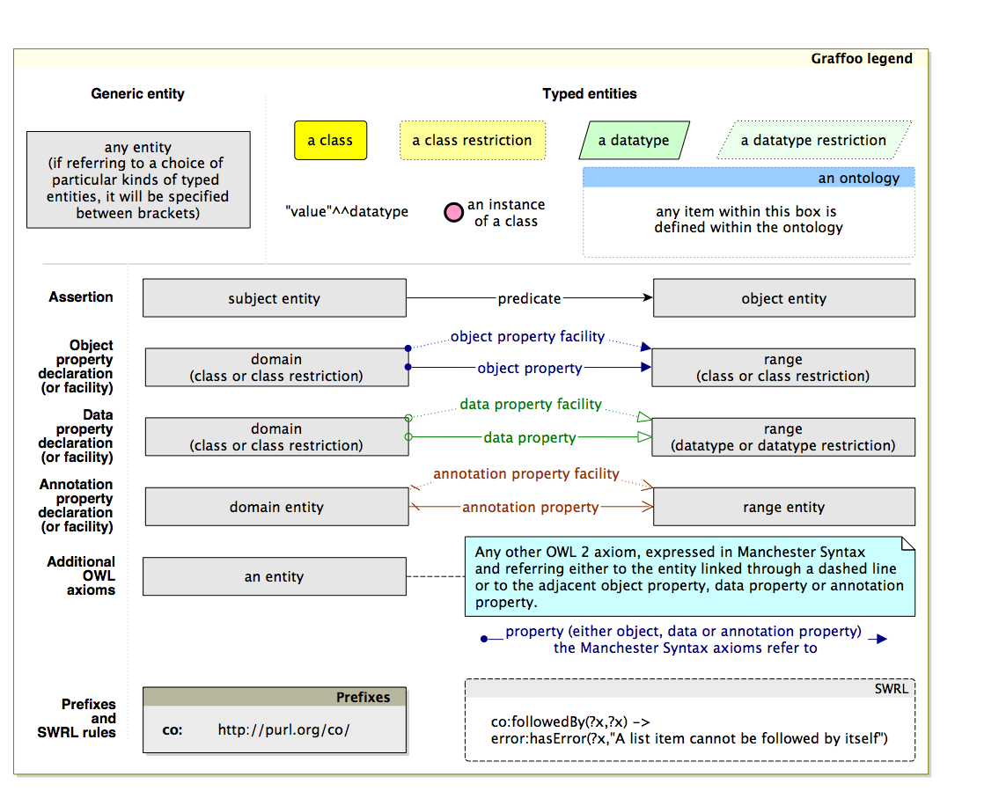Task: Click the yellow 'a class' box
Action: pos(330,141)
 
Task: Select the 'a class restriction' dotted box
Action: pos(473,141)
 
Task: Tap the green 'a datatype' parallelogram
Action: pos(634,141)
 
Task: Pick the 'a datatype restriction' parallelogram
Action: pos(813,141)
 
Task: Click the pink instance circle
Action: pos(453,213)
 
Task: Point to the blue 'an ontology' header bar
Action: pos(748,178)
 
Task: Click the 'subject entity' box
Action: pos(274,298)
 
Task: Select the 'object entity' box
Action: pos(783,298)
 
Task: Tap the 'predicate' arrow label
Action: pos(529,298)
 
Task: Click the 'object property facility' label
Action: pos(527,336)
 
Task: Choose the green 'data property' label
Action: pos(529,437)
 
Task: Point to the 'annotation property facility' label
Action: pos(526,473)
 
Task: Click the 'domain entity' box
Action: pos(276,507)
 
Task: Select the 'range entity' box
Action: pos(783,507)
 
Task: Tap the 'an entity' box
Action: pos(274,576)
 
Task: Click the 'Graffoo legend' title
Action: pos(861,59)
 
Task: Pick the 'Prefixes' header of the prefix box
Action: pos(363,697)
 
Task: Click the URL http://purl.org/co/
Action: pos(283,730)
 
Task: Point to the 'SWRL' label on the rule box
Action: pos(891,688)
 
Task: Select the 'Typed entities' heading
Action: pos(590,93)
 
